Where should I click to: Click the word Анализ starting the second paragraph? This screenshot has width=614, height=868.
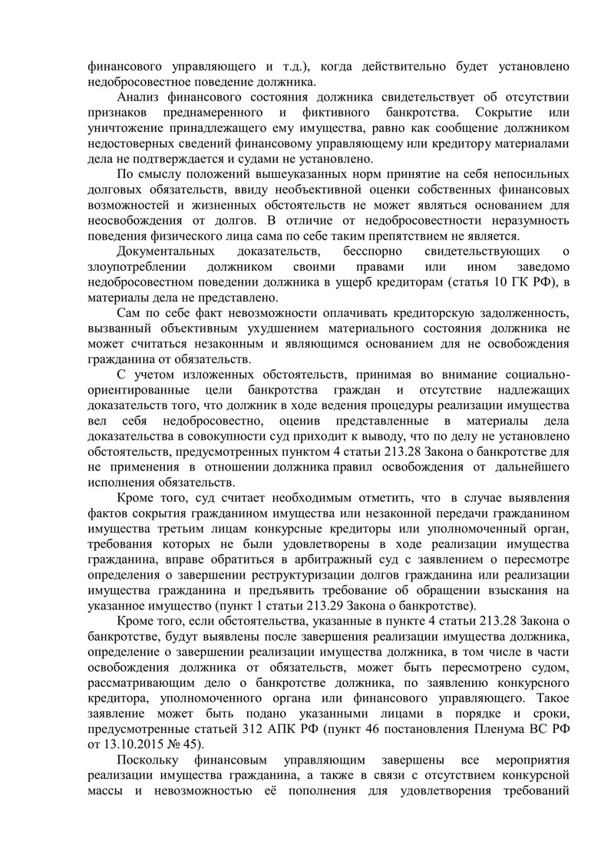(138, 97)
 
